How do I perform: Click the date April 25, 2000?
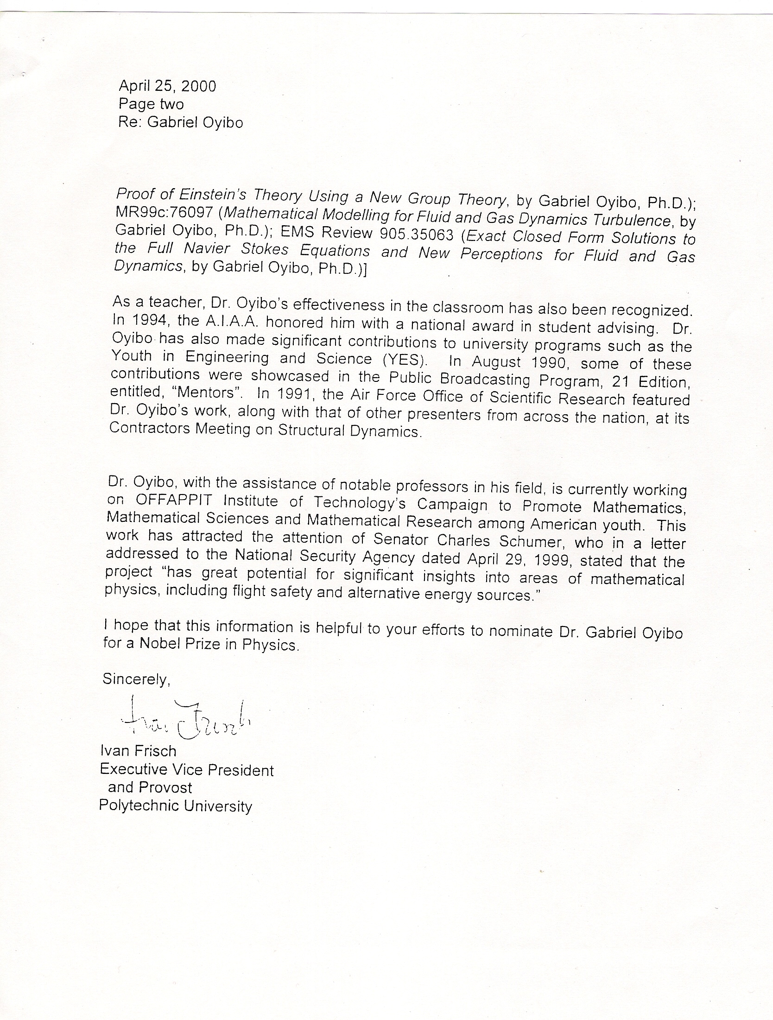[x=167, y=86]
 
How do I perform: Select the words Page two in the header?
[x=151, y=104]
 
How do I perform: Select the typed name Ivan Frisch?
[x=138, y=751]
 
